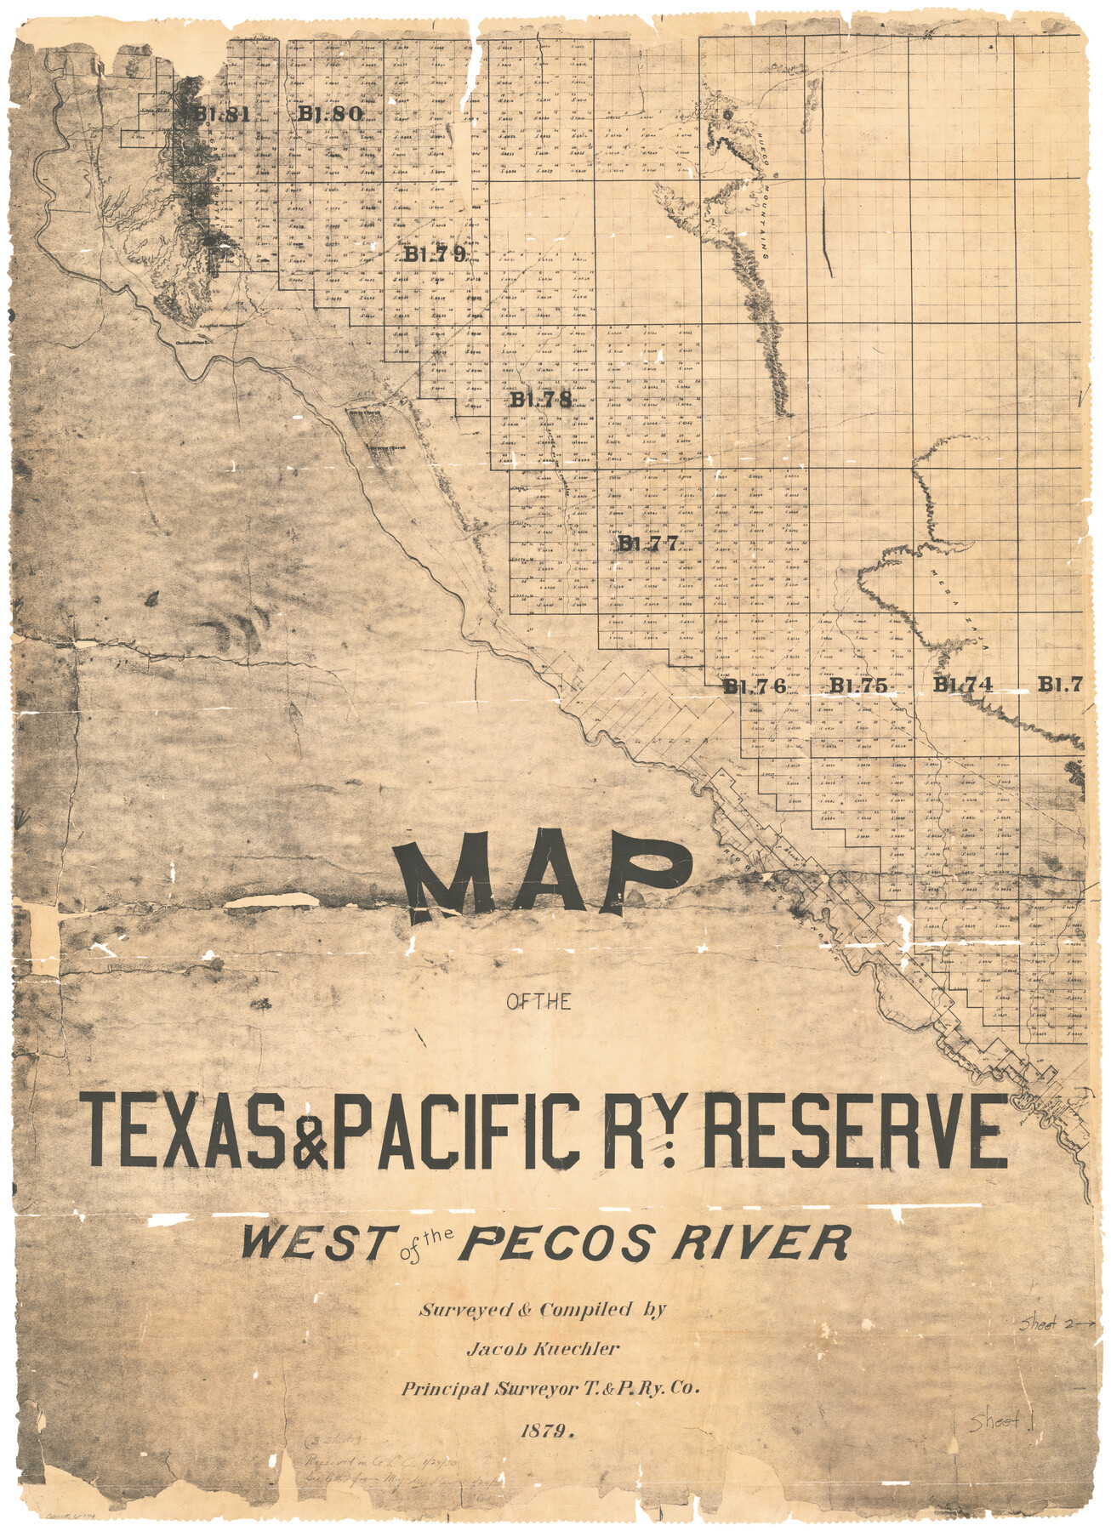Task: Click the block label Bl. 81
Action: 220,114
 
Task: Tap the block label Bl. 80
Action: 330,113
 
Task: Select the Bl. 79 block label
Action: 435,253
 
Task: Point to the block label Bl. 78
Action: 541,400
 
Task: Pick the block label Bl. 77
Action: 648,544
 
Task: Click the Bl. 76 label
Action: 755,686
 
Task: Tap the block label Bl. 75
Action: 858,686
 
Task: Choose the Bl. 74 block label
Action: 963,685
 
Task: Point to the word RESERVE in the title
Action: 854,1130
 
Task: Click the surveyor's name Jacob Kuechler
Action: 542,1348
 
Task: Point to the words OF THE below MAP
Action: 538,1002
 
